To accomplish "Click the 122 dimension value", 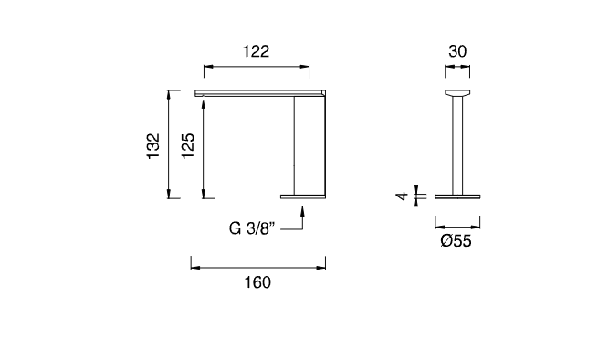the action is [x=256, y=51].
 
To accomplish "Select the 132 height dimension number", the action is [x=153, y=146].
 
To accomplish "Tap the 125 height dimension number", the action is [x=188, y=146].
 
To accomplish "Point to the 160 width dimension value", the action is [x=257, y=282].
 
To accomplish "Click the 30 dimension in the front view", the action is [x=457, y=51].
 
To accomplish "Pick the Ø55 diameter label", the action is [x=456, y=241].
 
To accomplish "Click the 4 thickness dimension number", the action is [x=402, y=196].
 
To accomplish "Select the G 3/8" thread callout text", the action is [x=252, y=228].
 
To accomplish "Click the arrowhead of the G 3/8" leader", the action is [x=302, y=211].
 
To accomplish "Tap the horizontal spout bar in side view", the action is [x=260, y=93].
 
